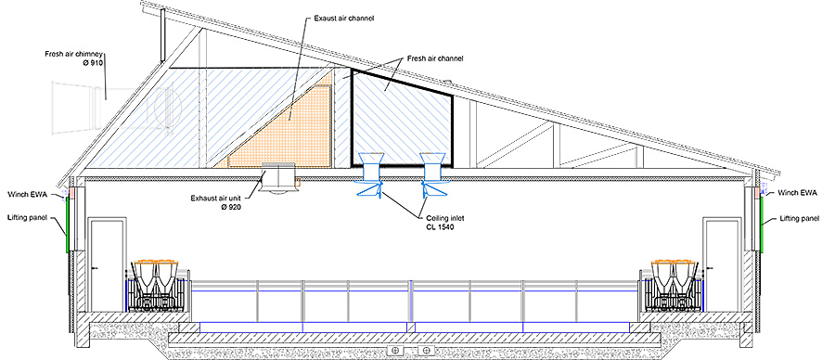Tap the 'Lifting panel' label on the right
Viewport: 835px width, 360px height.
(x=800, y=217)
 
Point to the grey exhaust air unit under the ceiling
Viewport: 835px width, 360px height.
(x=276, y=175)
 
